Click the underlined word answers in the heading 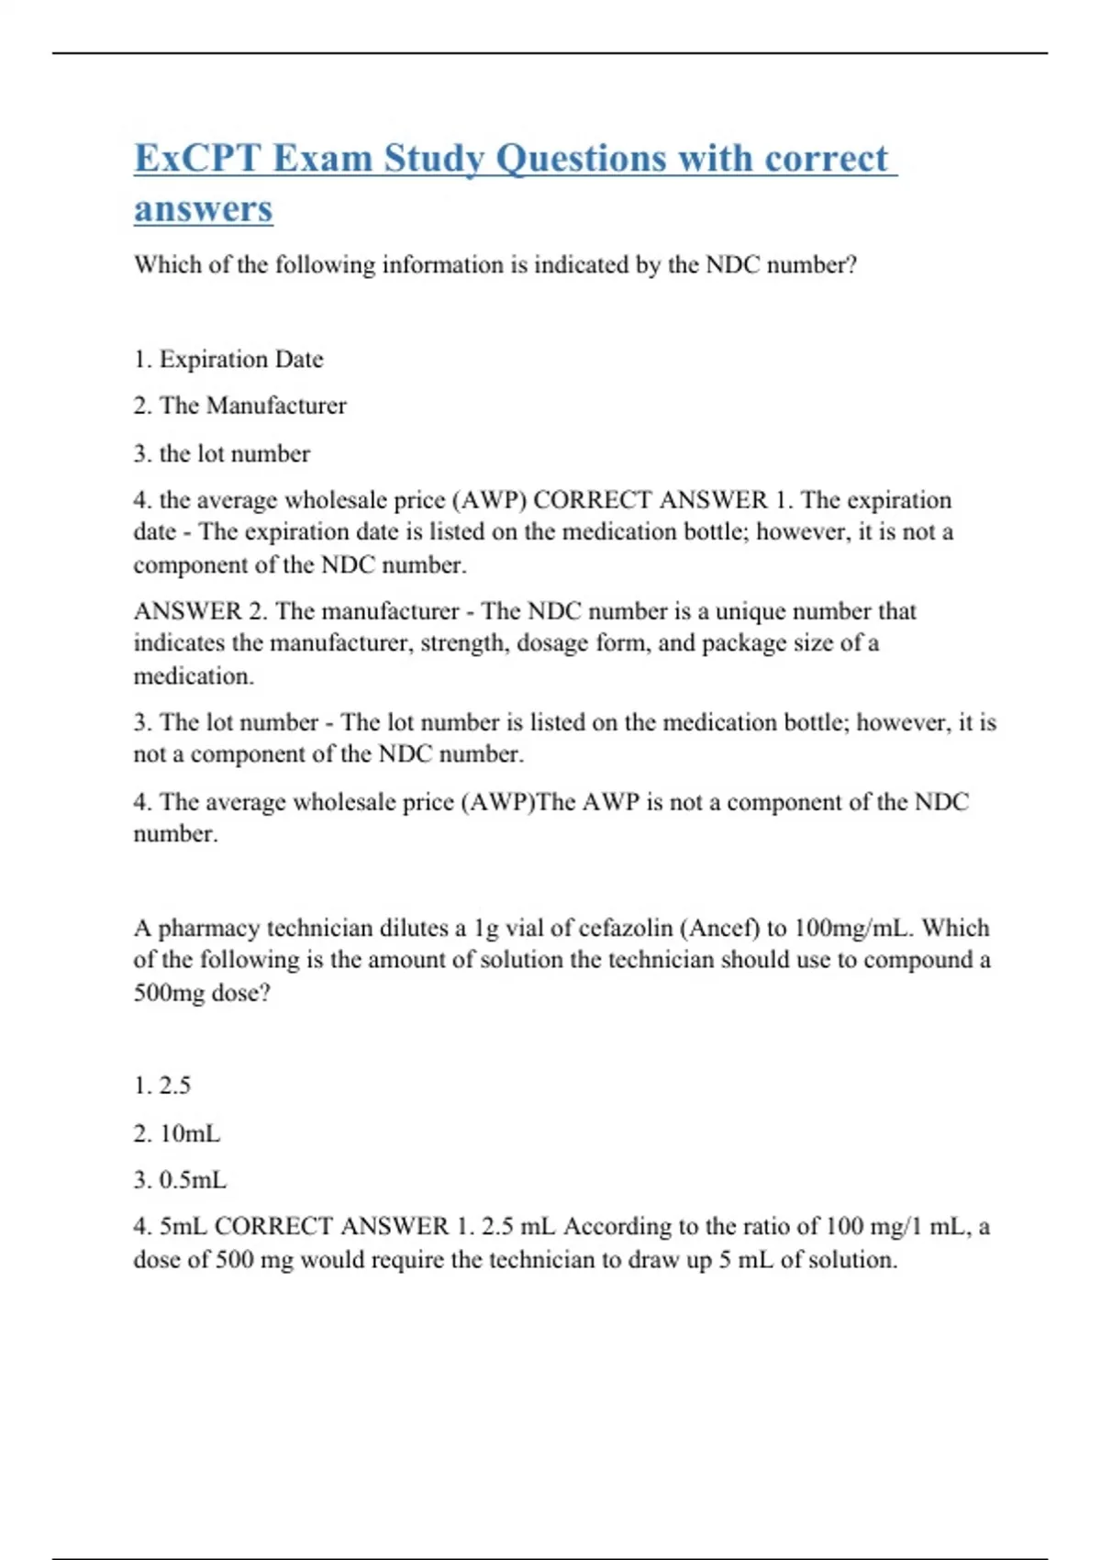(204, 208)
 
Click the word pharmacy (209, 928)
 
